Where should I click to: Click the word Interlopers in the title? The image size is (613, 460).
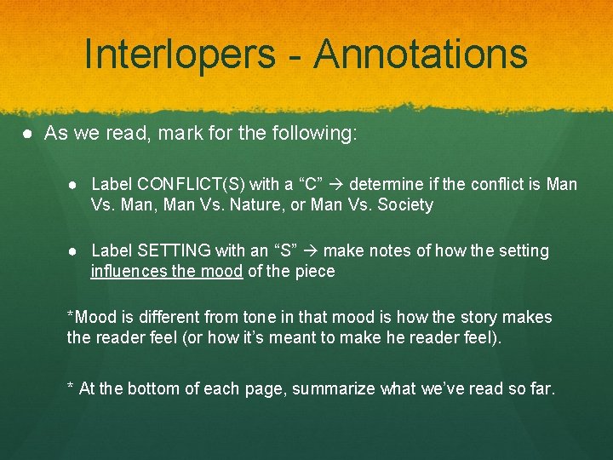[x=180, y=55]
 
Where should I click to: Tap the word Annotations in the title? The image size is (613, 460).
[x=421, y=55]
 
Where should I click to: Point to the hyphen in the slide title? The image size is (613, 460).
[x=295, y=56]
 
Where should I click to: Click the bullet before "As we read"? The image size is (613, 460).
[x=28, y=134]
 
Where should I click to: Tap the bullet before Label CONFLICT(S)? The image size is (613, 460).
[x=76, y=184]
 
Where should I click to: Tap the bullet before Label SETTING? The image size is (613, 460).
[x=76, y=251]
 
